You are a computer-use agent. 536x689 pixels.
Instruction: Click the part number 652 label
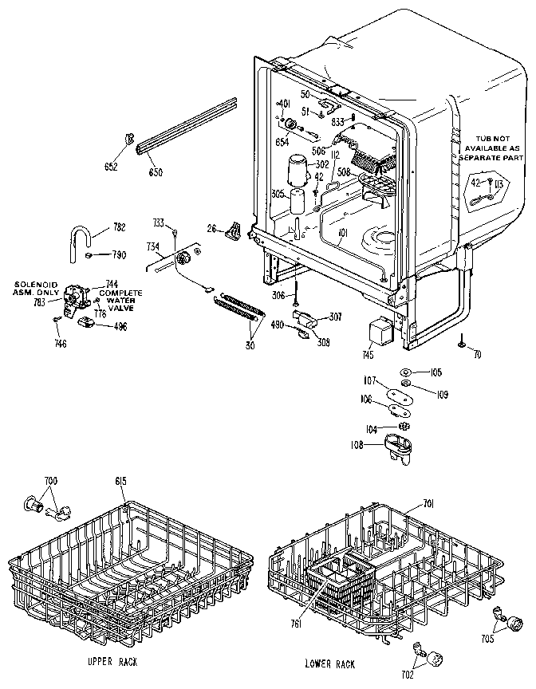(111, 167)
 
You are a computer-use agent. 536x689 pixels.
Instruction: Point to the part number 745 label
(367, 355)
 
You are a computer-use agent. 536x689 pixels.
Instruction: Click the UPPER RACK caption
(112, 663)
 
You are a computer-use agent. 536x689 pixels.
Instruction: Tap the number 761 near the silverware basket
(294, 624)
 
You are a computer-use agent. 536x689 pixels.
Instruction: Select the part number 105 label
(436, 372)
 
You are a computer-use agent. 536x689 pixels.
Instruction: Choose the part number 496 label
(120, 325)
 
